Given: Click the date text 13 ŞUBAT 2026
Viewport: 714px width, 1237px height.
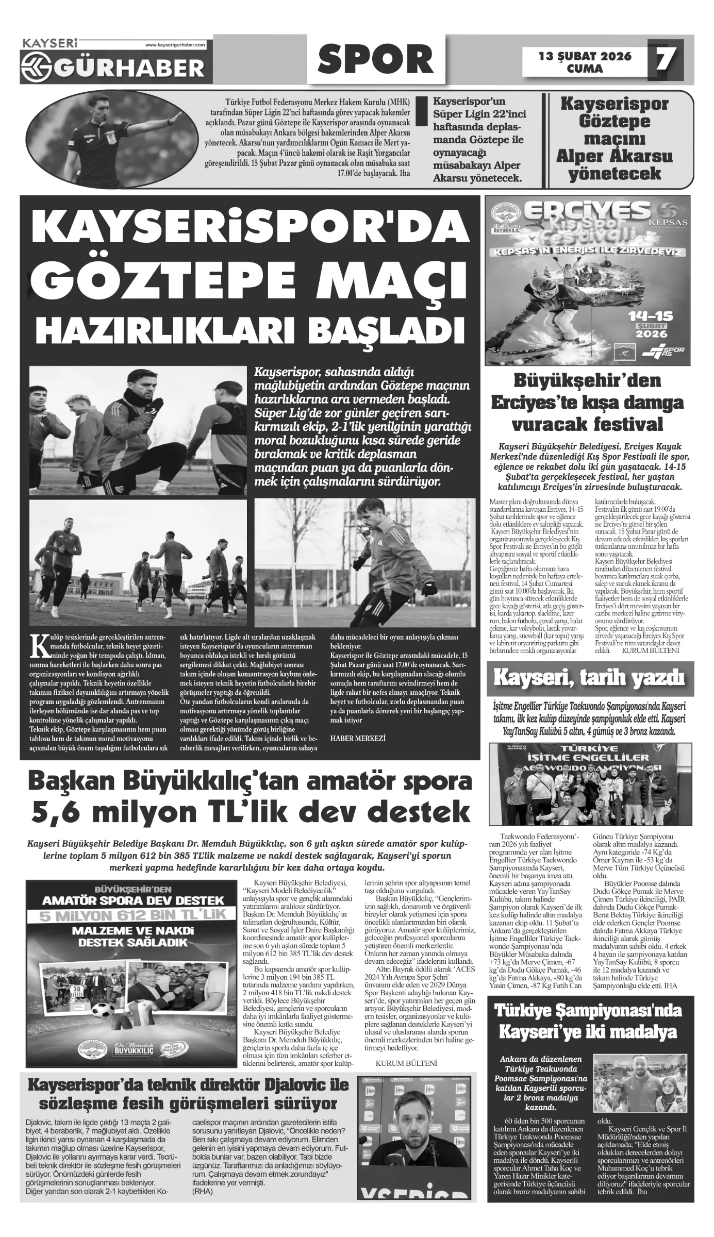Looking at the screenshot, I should tap(585, 56).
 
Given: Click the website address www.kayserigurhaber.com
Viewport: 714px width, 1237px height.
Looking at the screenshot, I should tap(175, 45).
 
